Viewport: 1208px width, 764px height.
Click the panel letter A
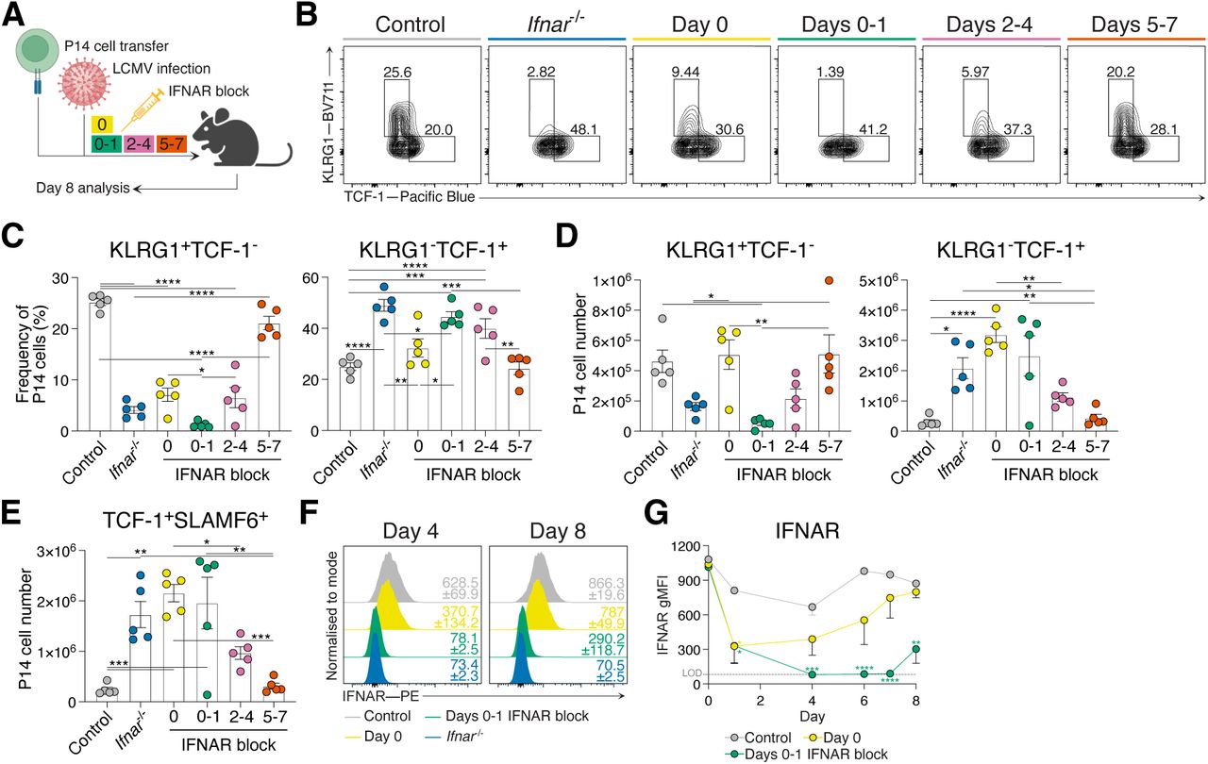tap(17, 16)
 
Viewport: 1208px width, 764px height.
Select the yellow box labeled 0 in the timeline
tap(101, 124)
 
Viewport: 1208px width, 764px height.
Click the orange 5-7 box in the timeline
tap(176, 144)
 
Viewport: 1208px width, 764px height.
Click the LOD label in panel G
tap(691, 673)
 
